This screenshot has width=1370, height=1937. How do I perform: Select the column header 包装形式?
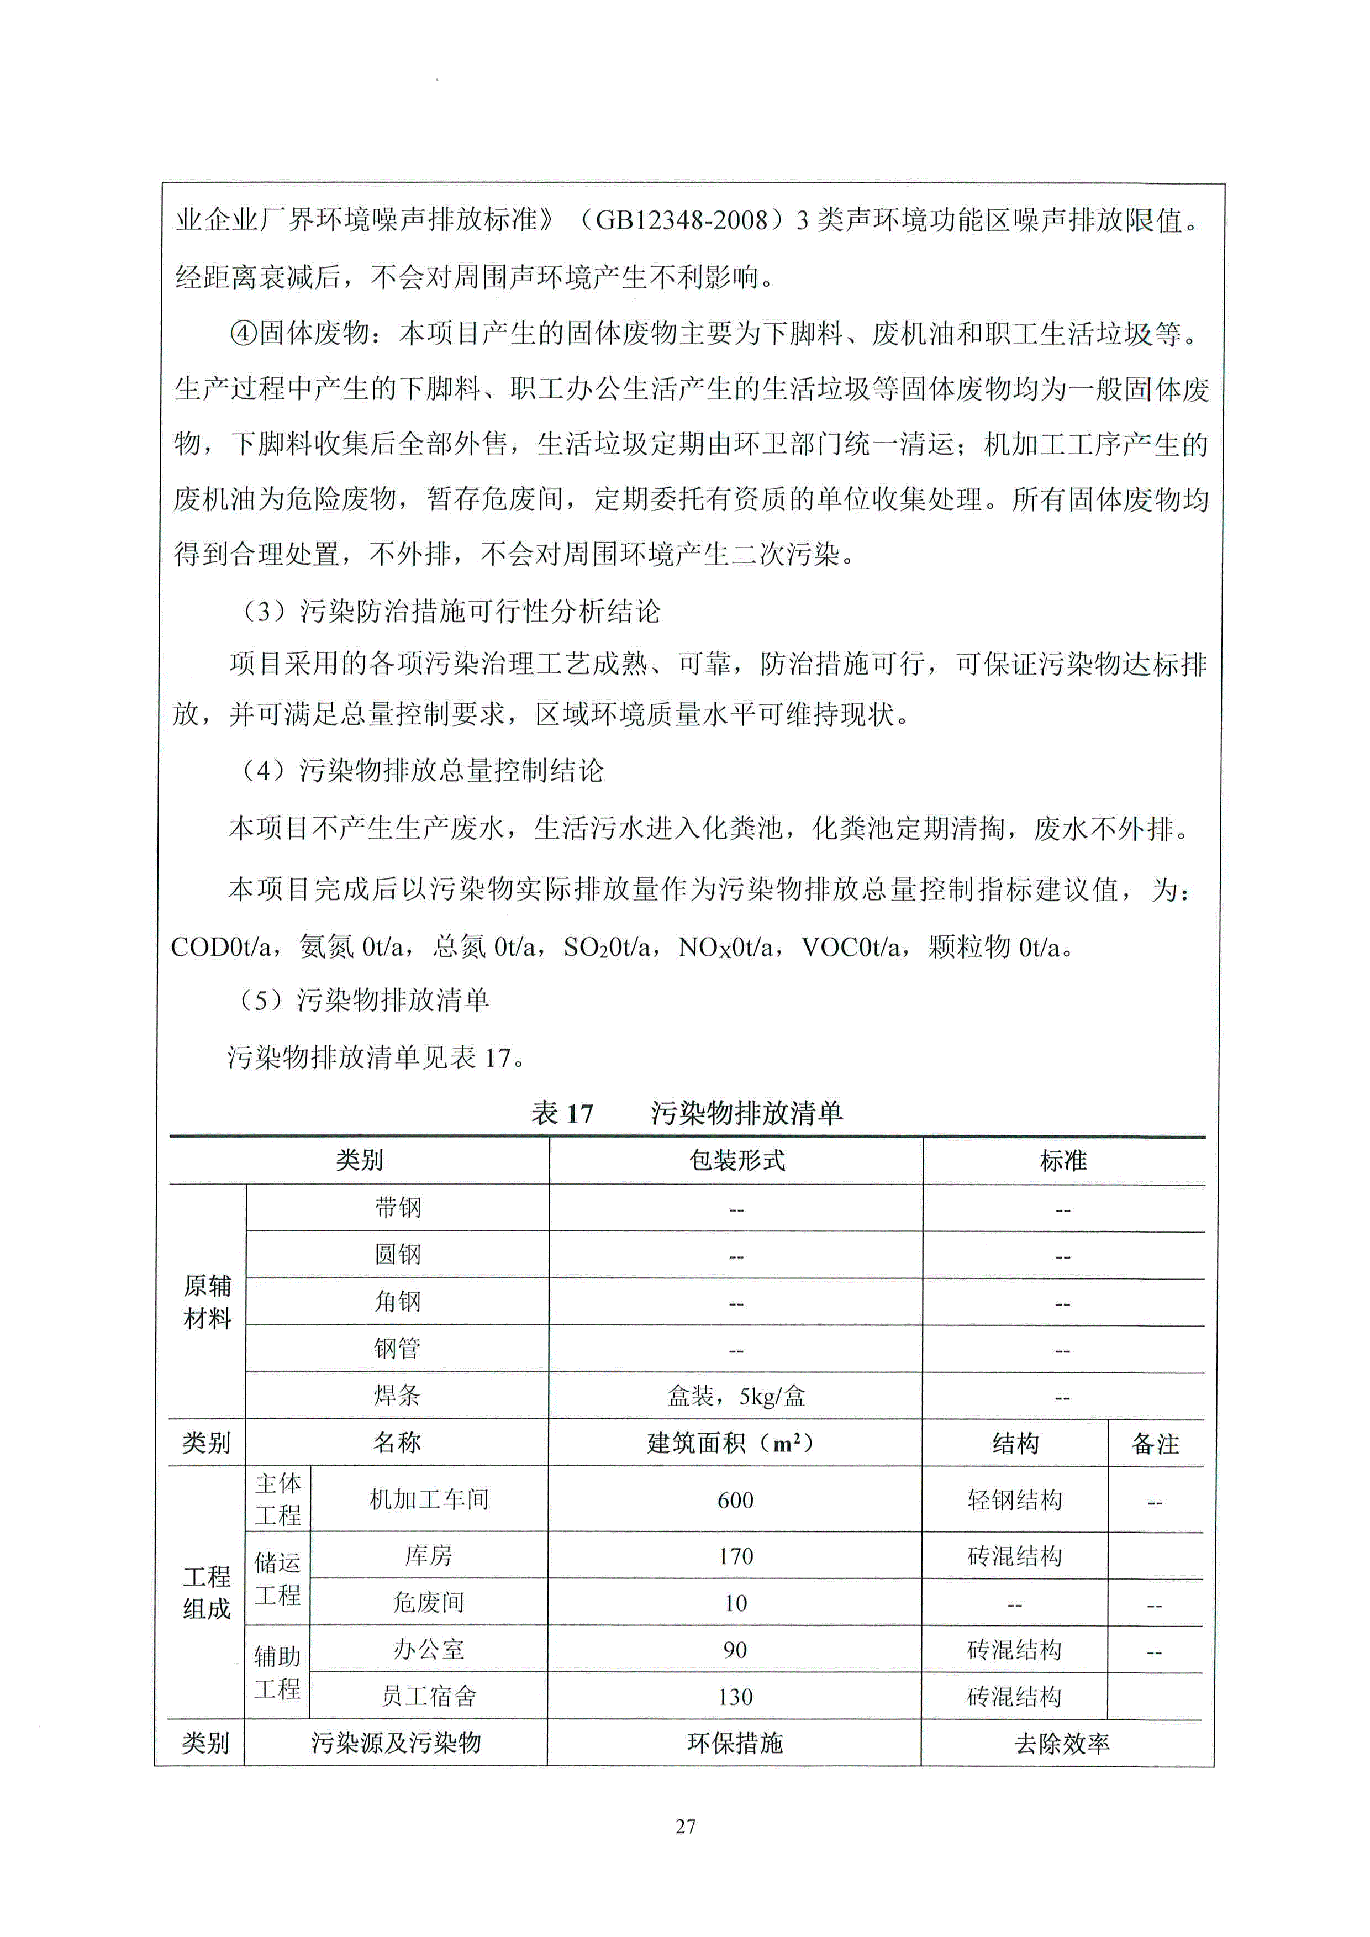coord(736,1161)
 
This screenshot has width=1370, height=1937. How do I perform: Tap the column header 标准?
coord(1063,1161)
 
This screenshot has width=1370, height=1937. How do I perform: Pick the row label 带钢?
coord(397,1208)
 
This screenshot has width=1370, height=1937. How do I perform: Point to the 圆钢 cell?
coord(397,1255)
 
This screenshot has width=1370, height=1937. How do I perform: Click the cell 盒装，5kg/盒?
coord(736,1396)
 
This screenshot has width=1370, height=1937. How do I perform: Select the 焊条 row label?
coord(397,1396)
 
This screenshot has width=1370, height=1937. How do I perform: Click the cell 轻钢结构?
coord(1014,1500)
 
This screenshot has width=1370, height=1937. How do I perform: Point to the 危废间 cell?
coord(429,1603)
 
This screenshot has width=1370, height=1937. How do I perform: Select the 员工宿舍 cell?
coord(429,1697)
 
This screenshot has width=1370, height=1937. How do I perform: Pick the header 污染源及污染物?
coord(396,1743)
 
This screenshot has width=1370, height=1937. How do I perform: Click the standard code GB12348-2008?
coord(682,220)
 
